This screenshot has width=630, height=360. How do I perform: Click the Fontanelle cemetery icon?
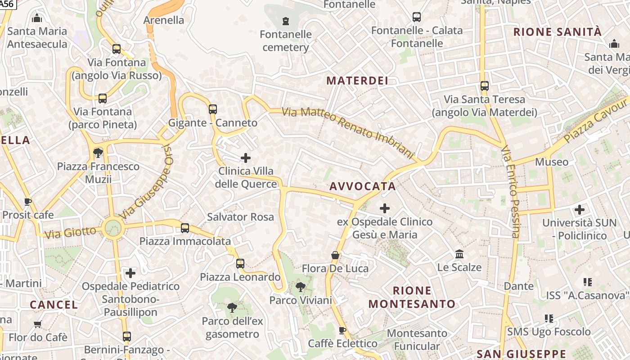[285, 21]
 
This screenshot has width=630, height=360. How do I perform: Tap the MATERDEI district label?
[357, 81]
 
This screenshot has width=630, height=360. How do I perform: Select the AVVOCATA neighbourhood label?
[363, 186]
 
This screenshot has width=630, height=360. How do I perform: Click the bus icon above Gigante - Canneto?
[213, 109]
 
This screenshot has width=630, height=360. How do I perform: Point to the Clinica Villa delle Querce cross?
[246, 157]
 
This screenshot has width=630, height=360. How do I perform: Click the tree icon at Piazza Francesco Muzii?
[98, 153]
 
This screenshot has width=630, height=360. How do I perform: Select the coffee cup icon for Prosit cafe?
[28, 202]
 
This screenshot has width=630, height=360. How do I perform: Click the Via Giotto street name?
[70, 233]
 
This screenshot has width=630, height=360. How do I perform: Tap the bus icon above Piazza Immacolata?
[185, 228]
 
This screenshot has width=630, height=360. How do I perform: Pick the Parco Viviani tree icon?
[300, 287]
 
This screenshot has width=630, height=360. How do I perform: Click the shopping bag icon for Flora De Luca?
[335, 255]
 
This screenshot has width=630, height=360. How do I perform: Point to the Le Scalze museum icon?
[459, 254]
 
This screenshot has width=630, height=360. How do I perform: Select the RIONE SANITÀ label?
[557, 31]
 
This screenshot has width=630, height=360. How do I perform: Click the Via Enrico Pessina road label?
[511, 191]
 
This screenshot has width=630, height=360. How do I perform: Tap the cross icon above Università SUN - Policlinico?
[580, 209]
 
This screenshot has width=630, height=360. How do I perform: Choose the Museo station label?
[551, 162]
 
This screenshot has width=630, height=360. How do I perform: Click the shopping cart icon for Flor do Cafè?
[38, 324]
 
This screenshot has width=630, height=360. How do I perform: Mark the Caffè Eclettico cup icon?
[342, 330]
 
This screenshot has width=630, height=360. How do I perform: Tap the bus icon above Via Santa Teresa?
[485, 85]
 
